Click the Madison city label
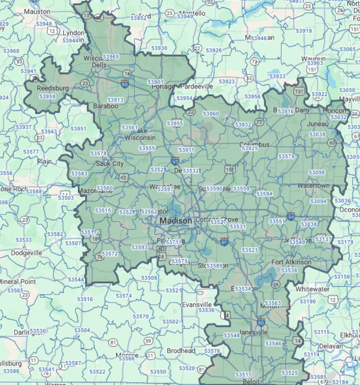175,221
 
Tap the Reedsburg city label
53,88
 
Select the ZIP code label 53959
47,96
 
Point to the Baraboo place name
106,106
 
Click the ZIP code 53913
115,100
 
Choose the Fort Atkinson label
291,262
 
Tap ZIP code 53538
289,270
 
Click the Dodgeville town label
26,253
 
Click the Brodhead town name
181,351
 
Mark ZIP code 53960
211,114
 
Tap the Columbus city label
255,144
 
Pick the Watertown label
313,185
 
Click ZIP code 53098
317,172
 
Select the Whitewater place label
312,289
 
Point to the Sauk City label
109,164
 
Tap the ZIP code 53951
78,128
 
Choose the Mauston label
37,11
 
